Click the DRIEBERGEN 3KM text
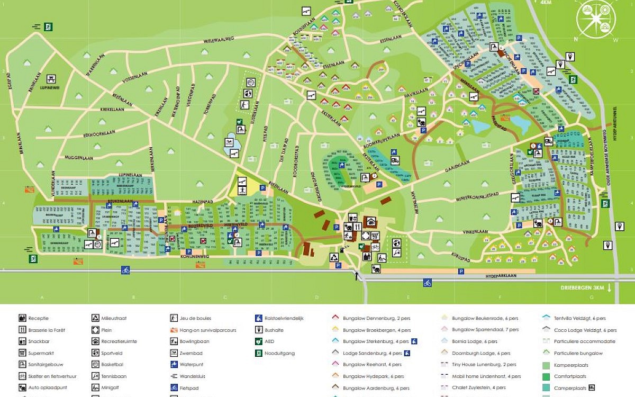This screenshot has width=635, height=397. [x=583, y=288]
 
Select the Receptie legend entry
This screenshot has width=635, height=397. [x=39, y=318]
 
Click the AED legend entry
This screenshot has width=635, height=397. [x=274, y=341]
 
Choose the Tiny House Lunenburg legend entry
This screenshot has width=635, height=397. [x=480, y=365]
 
